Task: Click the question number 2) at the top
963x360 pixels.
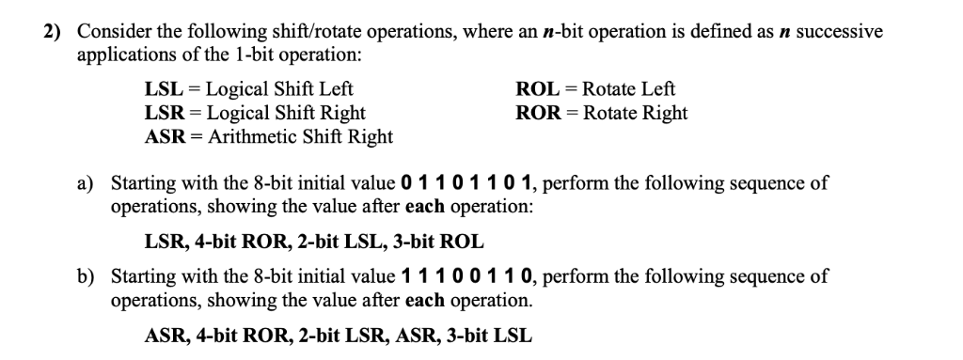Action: [55, 32]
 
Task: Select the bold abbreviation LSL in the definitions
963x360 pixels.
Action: [163, 90]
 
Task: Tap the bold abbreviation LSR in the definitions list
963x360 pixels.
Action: [164, 114]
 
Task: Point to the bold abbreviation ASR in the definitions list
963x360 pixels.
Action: [165, 137]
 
